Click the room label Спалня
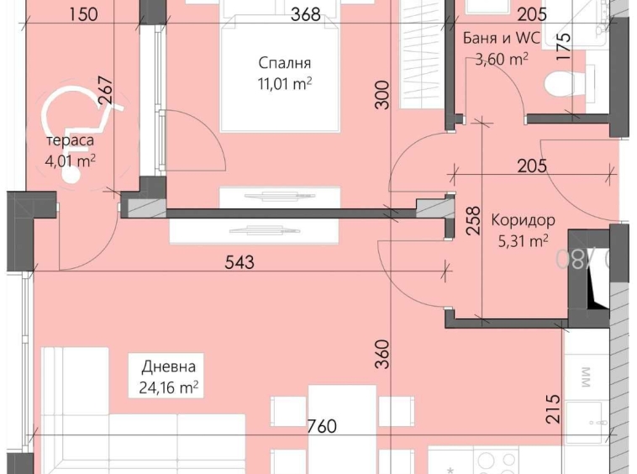tap(286, 63)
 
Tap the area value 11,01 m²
tap(286, 82)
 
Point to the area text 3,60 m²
tap(501, 59)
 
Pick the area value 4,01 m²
tap(70, 160)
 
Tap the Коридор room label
tap(523, 221)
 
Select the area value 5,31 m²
tap(523, 241)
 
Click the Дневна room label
tap(168, 366)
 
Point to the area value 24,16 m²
tap(169, 387)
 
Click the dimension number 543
tap(240, 262)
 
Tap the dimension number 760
tap(321, 426)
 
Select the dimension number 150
tap(84, 14)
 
